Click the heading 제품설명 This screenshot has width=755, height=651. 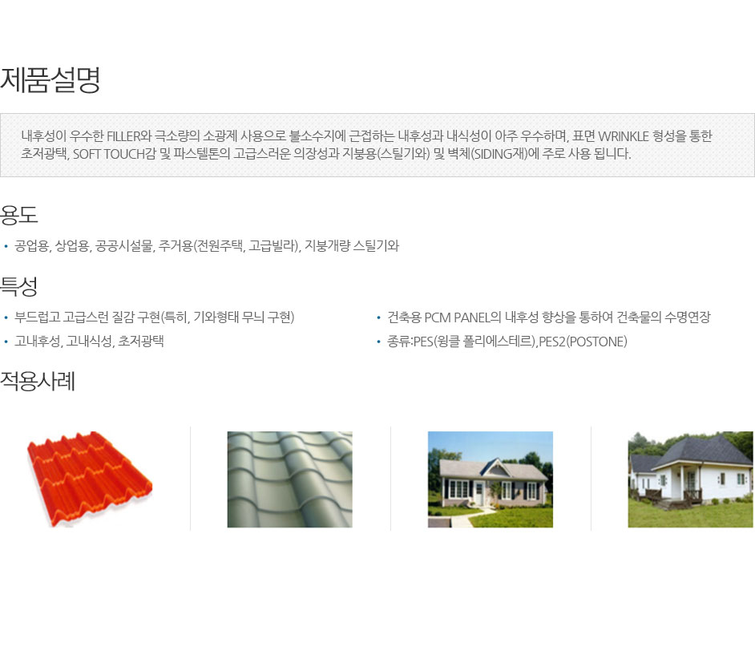click(x=50, y=79)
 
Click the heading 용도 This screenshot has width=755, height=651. click(x=18, y=215)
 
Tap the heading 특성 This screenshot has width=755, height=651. click(x=18, y=286)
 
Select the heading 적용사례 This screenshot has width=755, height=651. click(x=38, y=381)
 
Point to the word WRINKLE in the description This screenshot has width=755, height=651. click(x=623, y=136)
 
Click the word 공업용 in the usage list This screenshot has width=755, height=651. click(x=32, y=246)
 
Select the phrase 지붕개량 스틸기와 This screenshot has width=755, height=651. click(x=352, y=246)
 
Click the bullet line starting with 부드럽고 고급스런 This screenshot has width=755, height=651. click(x=154, y=317)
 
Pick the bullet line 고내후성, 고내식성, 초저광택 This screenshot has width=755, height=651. click(x=89, y=342)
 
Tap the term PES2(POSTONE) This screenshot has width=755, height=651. click(x=583, y=342)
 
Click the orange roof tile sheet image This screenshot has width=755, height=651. click(x=90, y=479)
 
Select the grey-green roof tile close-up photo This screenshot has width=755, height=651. click(x=290, y=479)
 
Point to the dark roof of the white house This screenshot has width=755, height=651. click(x=700, y=451)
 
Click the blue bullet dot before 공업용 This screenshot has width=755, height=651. click(x=6, y=247)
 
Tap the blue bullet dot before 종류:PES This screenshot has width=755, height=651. click(x=378, y=342)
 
